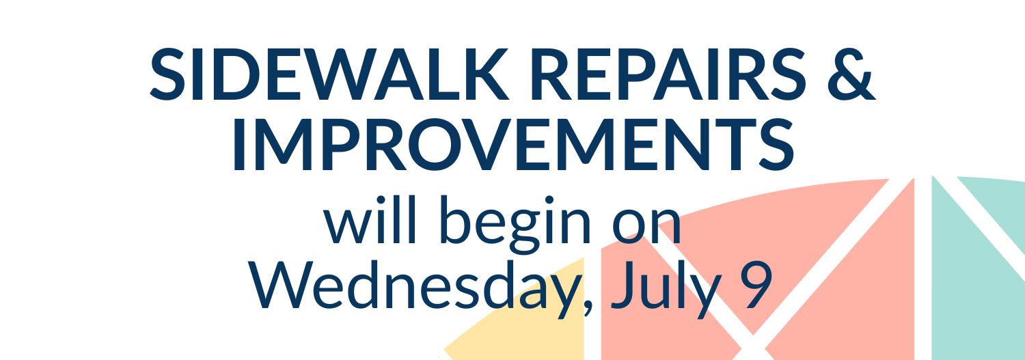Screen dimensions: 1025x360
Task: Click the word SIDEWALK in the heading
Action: click(329, 74)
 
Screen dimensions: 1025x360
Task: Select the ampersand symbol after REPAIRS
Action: click(851, 74)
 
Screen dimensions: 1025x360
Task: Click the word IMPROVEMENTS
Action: click(513, 144)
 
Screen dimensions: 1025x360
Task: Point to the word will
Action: click(370, 221)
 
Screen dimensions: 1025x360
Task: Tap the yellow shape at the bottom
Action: click(526, 316)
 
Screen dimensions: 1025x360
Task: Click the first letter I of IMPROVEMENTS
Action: click(239, 144)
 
